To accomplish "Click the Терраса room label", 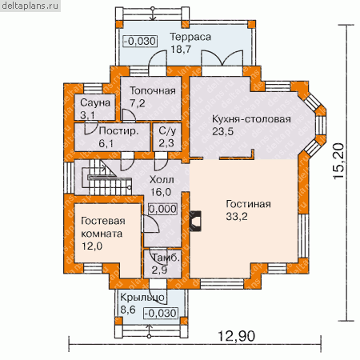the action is [190, 37].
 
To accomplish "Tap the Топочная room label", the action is [153, 90].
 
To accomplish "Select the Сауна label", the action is [95, 102].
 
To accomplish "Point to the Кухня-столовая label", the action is [251, 119].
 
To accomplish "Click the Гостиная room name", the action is [248, 204].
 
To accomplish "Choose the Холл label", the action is [162, 180].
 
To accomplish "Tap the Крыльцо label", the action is [142, 298].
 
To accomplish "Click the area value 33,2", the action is [237, 217].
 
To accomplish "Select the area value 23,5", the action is [222, 131].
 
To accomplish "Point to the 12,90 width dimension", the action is [236, 336].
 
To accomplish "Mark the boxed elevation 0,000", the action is [162, 209].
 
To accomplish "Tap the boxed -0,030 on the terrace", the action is [140, 42].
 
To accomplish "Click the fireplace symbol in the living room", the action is [195, 221].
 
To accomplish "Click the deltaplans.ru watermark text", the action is [30, 6].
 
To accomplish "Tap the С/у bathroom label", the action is [167, 131].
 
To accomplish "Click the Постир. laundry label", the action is [118, 131].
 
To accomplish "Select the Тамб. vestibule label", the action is [166, 258].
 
